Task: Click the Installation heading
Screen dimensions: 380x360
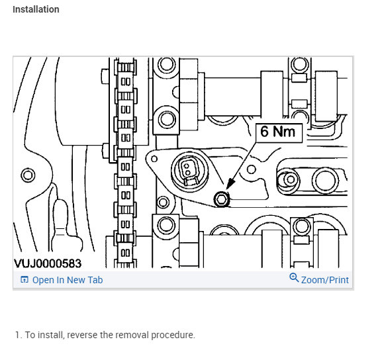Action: (36, 9)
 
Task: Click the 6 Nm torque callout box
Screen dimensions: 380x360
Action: (279, 133)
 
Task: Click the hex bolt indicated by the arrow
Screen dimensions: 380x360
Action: (222, 199)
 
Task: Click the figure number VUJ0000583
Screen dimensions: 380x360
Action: (48, 263)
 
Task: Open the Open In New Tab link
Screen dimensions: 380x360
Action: (68, 280)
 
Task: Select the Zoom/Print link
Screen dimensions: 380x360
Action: (325, 280)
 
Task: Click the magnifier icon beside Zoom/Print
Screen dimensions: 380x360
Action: (294, 278)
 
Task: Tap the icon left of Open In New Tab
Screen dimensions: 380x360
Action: (24, 279)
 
